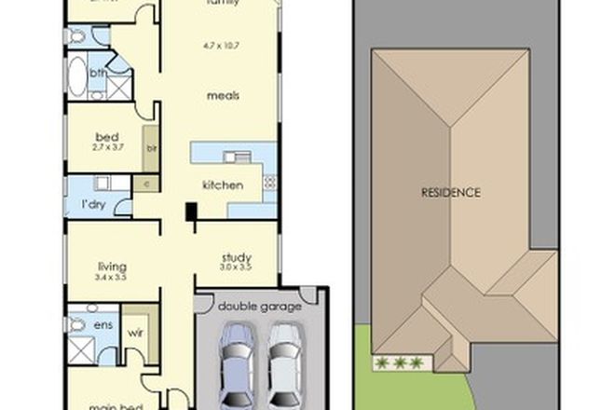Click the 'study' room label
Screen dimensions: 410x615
tap(236, 258)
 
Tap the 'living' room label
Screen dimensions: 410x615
tap(110, 265)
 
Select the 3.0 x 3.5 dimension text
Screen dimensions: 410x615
tap(236, 269)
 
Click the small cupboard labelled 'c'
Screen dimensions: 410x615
tap(147, 184)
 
